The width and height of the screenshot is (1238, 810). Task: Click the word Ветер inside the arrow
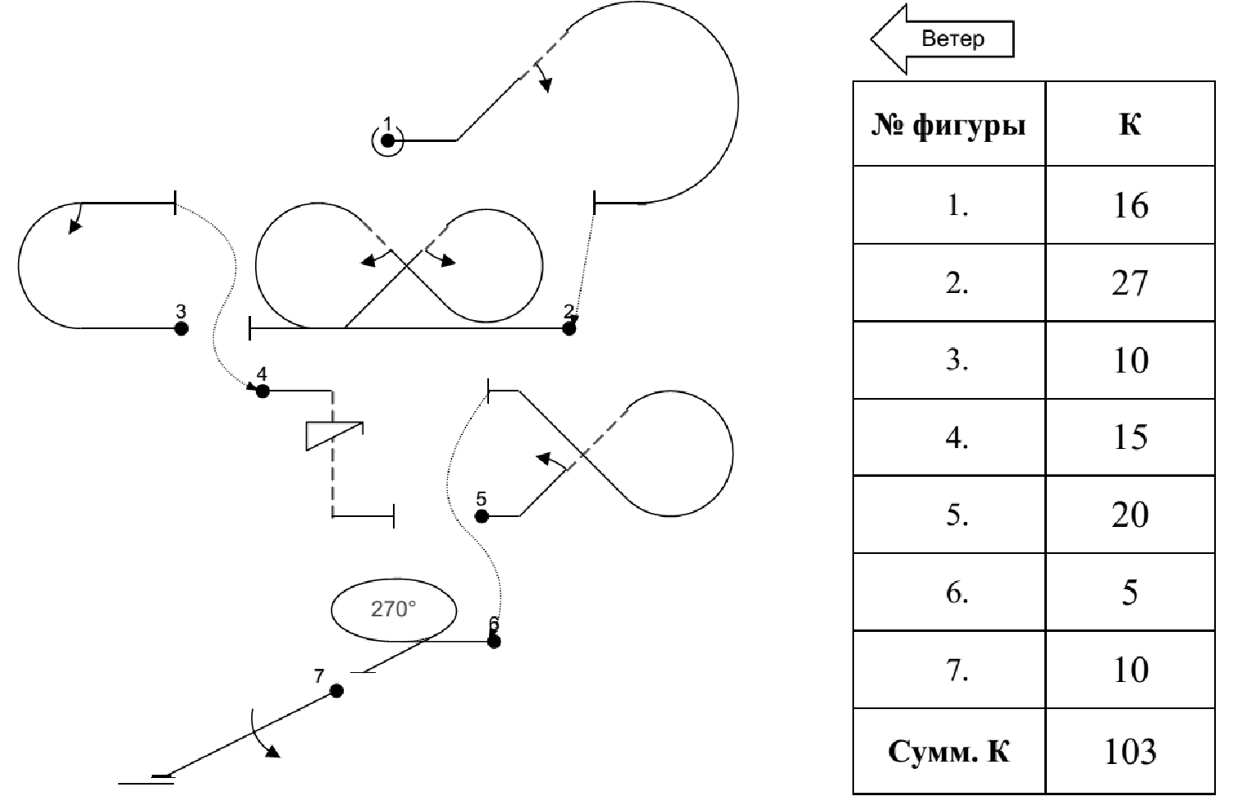952,39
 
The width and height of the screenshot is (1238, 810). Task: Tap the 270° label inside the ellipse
393,609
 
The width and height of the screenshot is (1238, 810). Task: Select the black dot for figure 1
388,140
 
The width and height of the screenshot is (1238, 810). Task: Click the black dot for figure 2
569,328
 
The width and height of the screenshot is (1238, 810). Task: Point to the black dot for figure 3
181,328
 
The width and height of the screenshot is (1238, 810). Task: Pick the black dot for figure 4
263,391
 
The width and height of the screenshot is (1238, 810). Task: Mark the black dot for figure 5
482,516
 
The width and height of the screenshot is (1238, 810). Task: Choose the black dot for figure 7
336,691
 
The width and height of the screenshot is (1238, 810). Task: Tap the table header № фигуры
948,126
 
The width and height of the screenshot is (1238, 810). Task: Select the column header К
1130,126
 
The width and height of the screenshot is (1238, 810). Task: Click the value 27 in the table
1130,283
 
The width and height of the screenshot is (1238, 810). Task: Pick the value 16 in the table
1130,205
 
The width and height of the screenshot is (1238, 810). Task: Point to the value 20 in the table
1130,515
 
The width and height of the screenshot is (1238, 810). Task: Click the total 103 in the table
1130,751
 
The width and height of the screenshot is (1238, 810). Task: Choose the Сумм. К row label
948,751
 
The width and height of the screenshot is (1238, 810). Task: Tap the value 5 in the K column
1130,592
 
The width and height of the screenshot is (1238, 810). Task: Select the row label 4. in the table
957,437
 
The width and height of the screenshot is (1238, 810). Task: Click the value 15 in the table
1130,437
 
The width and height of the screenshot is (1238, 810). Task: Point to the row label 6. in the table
957,592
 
